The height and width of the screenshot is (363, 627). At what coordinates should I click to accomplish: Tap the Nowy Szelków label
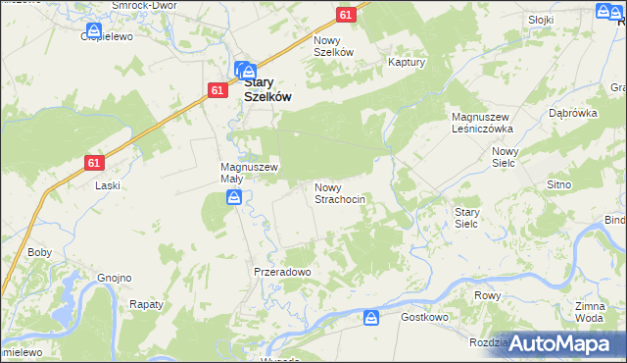click(x=332, y=46)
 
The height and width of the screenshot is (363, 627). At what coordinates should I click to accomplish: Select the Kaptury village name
click(x=406, y=61)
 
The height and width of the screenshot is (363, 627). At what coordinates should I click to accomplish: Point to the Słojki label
click(x=540, y=20)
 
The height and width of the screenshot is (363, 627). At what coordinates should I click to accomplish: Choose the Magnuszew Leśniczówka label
click(x=482, y=123)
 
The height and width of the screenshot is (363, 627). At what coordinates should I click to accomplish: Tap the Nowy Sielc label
click(x=505, y=157)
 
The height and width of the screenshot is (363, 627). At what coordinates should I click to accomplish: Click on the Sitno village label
click(x=558, y=184)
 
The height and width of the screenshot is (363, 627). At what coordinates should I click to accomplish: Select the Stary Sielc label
click(x=466, y=217)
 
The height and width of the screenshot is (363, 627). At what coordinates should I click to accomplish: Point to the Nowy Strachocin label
click(x=339, y=192)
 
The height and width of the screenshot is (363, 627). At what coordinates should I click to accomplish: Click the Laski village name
click(x=107, y=185)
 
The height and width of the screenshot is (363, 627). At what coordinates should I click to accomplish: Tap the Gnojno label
click(x=114, y=278)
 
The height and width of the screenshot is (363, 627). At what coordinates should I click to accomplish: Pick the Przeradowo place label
click(x=282, y=272)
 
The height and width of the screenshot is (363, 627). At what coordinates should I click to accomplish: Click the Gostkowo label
click(x=425, y=318)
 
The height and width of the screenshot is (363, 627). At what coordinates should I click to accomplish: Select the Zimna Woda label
click(x=589, y=313)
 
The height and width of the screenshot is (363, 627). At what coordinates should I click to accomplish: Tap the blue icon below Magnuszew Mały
click(x=235, y=199)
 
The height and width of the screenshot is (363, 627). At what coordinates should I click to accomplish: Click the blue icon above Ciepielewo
click(x=94, y=31)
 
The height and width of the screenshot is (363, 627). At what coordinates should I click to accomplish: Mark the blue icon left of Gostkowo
click(x=371, y=318)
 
